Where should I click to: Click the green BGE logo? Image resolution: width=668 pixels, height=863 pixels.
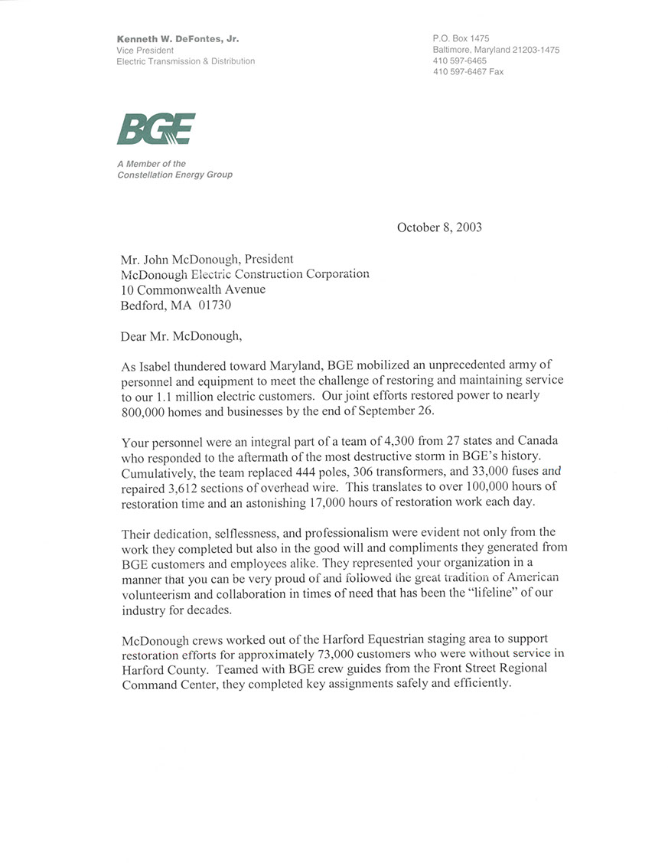pyautogui.click(x=156, y=129)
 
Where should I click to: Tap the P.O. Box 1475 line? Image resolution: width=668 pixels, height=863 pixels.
pyautogui.click(x=461, y=38)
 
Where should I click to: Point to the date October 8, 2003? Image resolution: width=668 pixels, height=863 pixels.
pyautogui.click(x=439, y=227)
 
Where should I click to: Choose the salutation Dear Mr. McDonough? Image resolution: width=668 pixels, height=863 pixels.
pyautogui.click(x=180, y=335)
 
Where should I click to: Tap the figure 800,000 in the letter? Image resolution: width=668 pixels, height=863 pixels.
pyautogui.click(x=146, y=410)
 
